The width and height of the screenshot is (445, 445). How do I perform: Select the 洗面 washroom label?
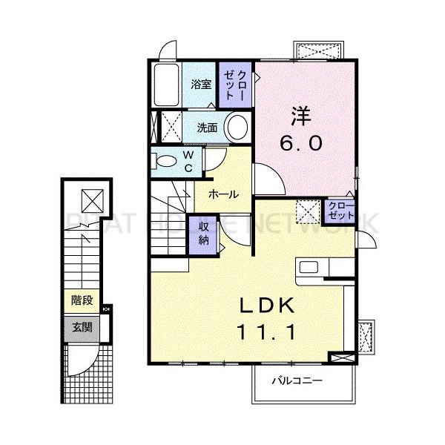pyautogui.click(x=207, y=128)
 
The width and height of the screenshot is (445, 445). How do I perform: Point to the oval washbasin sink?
pyautogui.click(x=238, y=127)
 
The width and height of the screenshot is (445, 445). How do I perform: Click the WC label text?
pyautogui.click(x=188, y=160)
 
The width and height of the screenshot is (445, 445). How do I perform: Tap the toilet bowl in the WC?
pyautogui.click(x=164, y=160)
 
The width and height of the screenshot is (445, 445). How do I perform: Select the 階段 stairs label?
pyautogui.click(x=82, y=300)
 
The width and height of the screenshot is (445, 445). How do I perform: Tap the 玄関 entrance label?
pyautogui.click(x=82, y=326)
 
